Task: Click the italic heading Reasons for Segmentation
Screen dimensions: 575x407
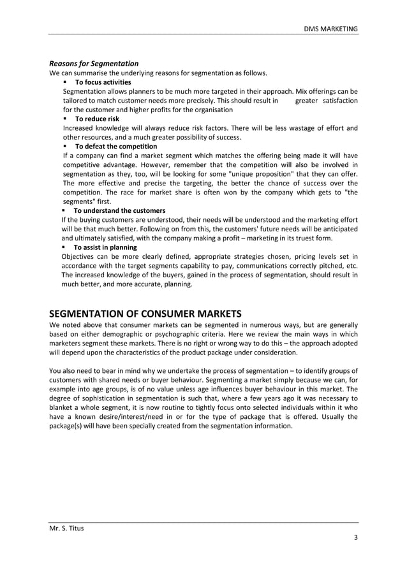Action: (94, 63)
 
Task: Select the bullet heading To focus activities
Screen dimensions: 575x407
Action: (103, 82)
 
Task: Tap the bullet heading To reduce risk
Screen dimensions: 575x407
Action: (97, 119)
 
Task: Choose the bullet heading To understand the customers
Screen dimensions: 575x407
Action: (119, 210)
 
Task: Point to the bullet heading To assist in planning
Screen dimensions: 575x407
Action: (105, 247)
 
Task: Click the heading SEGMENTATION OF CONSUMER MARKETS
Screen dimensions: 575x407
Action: (145, 314)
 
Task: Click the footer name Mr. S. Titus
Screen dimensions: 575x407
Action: (66, 528)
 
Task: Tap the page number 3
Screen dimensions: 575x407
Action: (355, 539)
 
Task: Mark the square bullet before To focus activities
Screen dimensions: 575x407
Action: (65, 82)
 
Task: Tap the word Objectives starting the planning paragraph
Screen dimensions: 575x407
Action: (78, 257)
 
